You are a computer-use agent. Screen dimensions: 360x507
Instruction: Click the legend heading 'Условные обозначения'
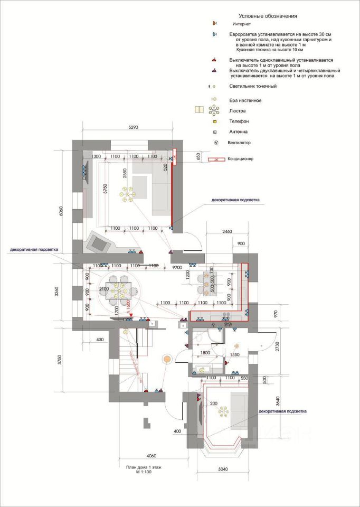(x=268, y=16)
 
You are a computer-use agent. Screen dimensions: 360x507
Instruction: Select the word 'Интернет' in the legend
(x=242, y=25)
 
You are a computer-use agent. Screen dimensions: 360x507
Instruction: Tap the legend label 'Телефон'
(x=239, y=121)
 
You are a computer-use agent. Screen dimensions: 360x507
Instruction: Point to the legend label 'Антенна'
(x=239, y=132)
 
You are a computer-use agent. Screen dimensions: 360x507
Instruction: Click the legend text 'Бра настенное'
(x=245, y=100)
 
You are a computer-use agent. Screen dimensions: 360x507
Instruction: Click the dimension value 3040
(x=222, y=470)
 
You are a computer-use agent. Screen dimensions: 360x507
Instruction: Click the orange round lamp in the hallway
(x=167, y=360)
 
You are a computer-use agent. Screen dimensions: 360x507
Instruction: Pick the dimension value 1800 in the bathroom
(x=205, y=353)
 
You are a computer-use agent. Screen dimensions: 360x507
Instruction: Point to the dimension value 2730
(x=277, y=346)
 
